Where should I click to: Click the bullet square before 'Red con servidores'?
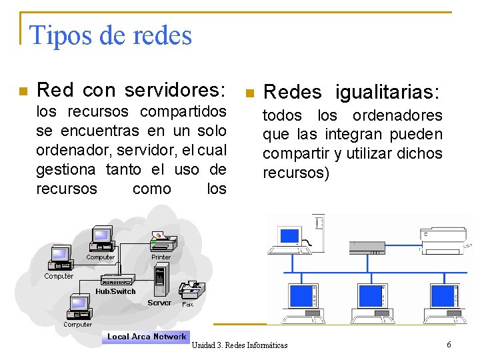click(23, 91)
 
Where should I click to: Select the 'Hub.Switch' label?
click(115, 291)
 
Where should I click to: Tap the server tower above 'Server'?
click(159, 280)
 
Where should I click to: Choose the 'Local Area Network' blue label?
click(147, 337)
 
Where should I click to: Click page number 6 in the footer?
click(449, 344)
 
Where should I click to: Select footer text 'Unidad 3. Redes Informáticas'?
click(239, 345)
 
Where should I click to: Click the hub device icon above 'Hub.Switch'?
click(117, 280)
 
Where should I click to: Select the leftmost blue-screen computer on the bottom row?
click(302, 301)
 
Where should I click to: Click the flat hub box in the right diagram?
click(367, 248)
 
